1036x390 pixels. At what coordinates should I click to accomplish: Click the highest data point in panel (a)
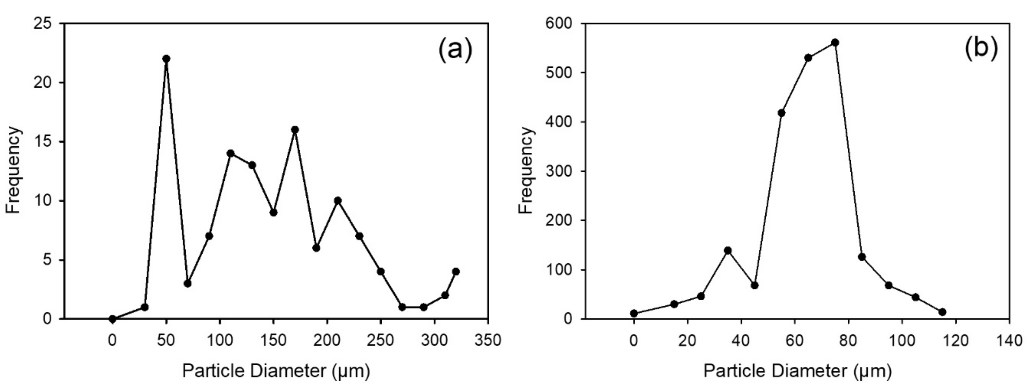coord(166,59)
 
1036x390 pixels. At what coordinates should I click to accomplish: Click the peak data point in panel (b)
coord(835,43)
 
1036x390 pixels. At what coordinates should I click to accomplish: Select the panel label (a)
coord(454,50)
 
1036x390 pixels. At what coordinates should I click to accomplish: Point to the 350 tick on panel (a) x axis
coord(488,340)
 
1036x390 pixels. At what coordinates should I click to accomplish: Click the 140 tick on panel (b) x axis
coord(1009,340)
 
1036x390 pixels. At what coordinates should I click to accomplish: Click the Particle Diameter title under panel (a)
coord(276,371)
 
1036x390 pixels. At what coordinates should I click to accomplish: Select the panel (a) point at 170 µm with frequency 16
coord(295,129)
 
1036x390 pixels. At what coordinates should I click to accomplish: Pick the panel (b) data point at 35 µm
coord(727,250)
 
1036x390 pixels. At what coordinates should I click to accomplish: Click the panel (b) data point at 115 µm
coord(942,312)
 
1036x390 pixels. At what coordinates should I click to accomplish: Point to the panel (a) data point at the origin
coord(112,319)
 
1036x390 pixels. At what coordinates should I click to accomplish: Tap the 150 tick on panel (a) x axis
coord(273,340)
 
